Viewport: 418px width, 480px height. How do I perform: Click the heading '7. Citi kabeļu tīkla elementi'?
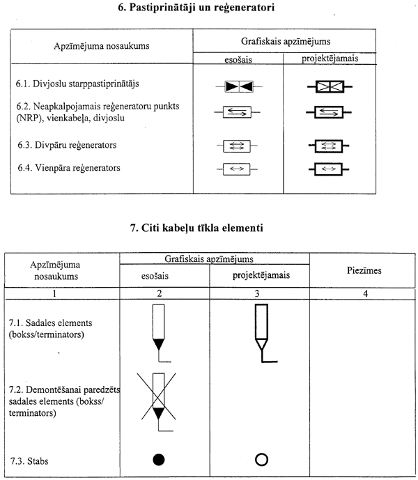click(208, 227)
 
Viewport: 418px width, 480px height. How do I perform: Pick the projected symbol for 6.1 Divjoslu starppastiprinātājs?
click(329, 88)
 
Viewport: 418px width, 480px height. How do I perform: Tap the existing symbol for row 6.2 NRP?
click(238, 111)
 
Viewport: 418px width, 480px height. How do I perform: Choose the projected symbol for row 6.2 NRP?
click(329, 111)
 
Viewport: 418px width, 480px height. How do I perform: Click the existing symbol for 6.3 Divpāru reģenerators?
click(238, 146)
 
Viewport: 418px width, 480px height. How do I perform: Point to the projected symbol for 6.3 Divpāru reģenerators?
click(329, 146)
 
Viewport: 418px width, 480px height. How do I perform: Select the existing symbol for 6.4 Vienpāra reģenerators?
click(238, 169)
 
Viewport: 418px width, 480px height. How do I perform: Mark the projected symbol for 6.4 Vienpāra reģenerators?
click(329, 169)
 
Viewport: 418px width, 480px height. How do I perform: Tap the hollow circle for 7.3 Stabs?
click(262, 460)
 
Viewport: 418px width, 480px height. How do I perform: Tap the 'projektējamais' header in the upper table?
click(330, 59)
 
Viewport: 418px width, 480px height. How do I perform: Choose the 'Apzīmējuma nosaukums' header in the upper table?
click(101, 47)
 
